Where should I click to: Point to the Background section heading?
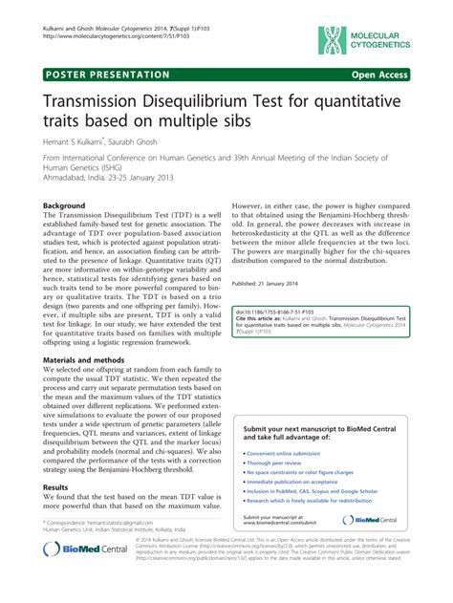pyautogui.click(x=64, y=205)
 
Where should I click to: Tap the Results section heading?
pyautogui.click(x=55, y=487)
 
